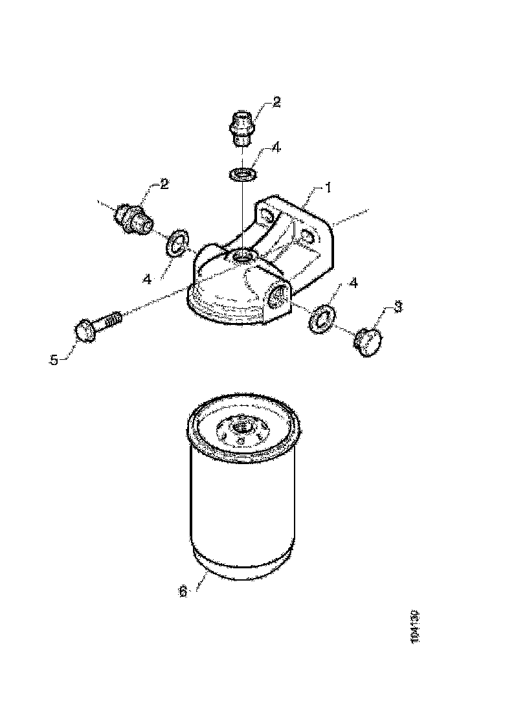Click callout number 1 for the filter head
pyautogui.click(x=328, y=188)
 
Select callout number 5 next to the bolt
pyautogui.click(x=54, y=360)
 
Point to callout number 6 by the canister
pyautogui.click(x=183, y=592)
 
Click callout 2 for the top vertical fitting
pyautogui.click(x=276, y=102)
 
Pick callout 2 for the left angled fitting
pyautogui.click(x=164, y=184)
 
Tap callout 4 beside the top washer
pyautogui.click(x=276, y=148)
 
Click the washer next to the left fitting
pyautogui.click(x=177, y=243)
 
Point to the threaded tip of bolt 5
pyautogui.click(x=115, y=318)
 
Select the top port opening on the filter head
pyautogui.click(x=244, y=258)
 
